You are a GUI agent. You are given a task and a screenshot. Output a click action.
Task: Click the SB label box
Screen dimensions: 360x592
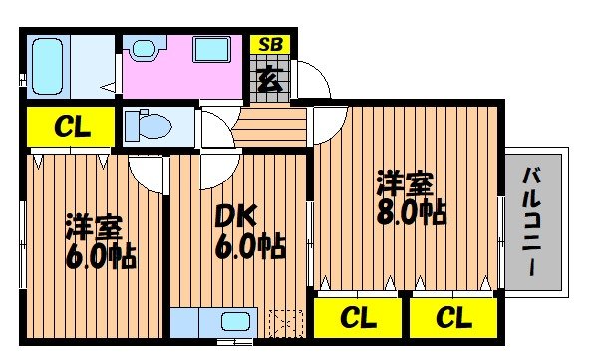[268, 44]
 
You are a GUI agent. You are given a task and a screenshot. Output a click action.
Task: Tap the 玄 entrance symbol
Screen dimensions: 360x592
[268, 78]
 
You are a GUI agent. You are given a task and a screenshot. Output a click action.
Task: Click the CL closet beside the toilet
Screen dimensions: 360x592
[67, 127]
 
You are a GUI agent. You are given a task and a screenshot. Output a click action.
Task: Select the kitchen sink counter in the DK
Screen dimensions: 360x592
[214, 323]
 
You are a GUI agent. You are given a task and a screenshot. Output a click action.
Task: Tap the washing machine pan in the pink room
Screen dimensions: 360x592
[212, 50]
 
